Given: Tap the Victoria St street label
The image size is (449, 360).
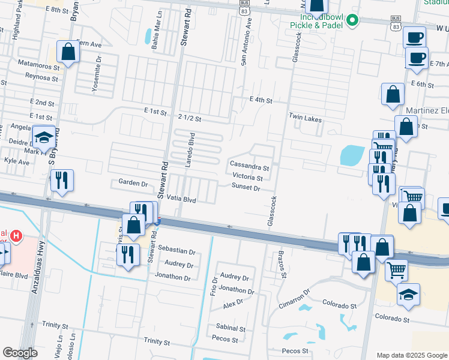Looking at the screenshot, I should pos(247,178).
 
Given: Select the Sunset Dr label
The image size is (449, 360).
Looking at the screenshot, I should pos(246,188).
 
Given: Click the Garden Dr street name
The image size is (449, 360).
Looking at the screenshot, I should pos(133,182).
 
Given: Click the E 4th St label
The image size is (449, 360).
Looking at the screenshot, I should pos(261,100).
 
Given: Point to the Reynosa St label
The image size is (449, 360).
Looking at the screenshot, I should pos(41,76).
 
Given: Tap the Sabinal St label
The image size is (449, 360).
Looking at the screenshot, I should pos(231,329).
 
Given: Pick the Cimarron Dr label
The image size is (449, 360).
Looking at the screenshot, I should pos(295,299).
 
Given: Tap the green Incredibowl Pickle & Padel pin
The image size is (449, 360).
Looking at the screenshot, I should pos(353,20).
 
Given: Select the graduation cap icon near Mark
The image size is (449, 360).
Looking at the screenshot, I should pos(43,139).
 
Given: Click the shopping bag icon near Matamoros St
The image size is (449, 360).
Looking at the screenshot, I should pos(68,52).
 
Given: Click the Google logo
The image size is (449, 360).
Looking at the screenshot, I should pos(20,353).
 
